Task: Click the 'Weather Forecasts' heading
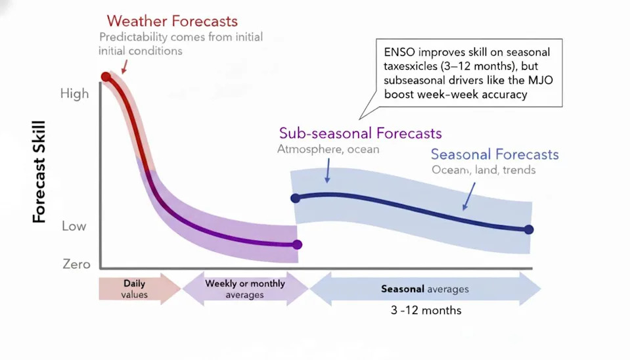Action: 172,21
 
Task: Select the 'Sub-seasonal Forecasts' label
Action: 360,133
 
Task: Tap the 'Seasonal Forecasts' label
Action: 494,154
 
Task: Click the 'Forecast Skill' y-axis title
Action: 39,172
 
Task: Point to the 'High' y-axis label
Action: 74,93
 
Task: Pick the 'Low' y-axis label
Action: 74,226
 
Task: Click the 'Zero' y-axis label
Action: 76,264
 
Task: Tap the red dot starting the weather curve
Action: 106,77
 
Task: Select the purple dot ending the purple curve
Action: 297,245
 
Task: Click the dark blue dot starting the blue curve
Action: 295,198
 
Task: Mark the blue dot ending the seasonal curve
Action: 529,229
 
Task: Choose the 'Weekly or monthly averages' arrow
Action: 244,289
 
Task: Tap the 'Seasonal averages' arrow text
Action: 424,289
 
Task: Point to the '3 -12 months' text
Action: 426,310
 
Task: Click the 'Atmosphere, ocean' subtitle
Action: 328,149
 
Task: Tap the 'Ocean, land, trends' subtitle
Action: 483,170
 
